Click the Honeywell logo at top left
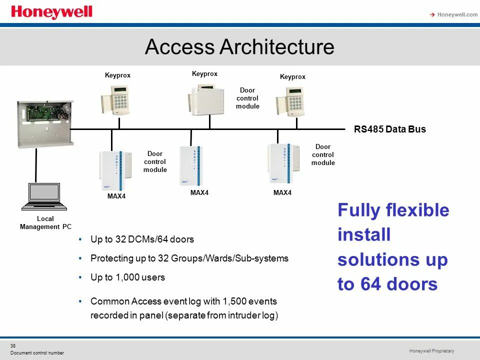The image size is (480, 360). (51, 12)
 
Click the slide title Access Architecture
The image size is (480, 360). (239, 47)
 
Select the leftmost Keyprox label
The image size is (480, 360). (117, 75)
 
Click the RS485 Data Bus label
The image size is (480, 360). (390, 129)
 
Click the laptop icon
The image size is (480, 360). (44, 196)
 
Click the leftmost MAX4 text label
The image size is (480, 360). (116, 196)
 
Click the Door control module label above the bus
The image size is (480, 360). (247, 98)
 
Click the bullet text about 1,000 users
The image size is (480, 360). (127, 277)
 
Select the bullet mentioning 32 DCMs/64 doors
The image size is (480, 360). (142, 239)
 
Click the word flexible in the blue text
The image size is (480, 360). (417, 210)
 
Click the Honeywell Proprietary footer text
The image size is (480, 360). (431, 351)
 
